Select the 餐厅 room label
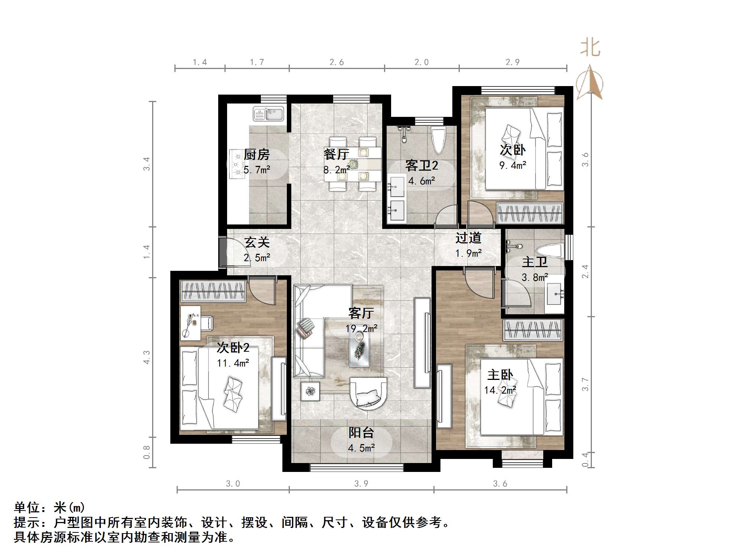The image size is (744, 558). [x=336, y=154]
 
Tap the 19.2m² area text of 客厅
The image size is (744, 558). [x=361, y=329]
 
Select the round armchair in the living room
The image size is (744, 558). [x=368, y=393]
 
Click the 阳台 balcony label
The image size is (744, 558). [x=361, y=433]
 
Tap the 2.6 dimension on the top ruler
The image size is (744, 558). [x=337, y=62]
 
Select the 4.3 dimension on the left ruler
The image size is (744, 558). [x=147, y=357]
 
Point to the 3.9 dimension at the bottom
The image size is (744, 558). [x=361, y=484]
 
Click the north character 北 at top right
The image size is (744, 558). [x=590, y=49]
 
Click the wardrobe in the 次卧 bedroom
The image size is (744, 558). [x=530, y=214]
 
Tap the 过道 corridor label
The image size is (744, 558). [x=468, y=238]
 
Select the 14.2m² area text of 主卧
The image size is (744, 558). [x=500, y=390]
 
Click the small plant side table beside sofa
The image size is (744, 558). [x=310, y=391]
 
